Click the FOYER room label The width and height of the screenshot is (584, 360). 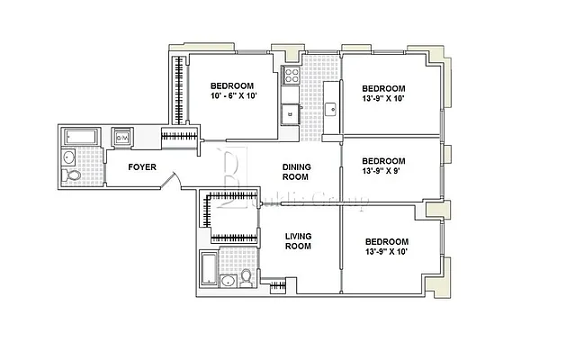pos(142,166)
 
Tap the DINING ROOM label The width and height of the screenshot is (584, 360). pos(296,172)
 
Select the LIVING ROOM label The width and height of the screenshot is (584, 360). pos(298,242)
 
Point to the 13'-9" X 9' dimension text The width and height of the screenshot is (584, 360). pos(384,170)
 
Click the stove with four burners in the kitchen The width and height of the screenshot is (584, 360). pos(291,76)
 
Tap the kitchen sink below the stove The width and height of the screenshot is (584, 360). pos(290,113)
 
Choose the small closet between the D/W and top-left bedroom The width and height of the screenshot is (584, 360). pos(180,137)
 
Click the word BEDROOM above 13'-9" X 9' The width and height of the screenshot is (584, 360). pos(384,159)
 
